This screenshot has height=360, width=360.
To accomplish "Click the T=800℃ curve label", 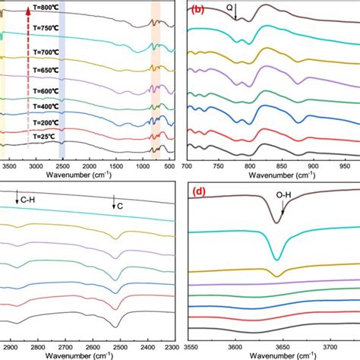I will tap(46, 8).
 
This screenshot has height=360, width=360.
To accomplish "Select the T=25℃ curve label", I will tap(46, 137).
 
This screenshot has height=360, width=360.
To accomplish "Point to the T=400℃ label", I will tap(46, 108).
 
